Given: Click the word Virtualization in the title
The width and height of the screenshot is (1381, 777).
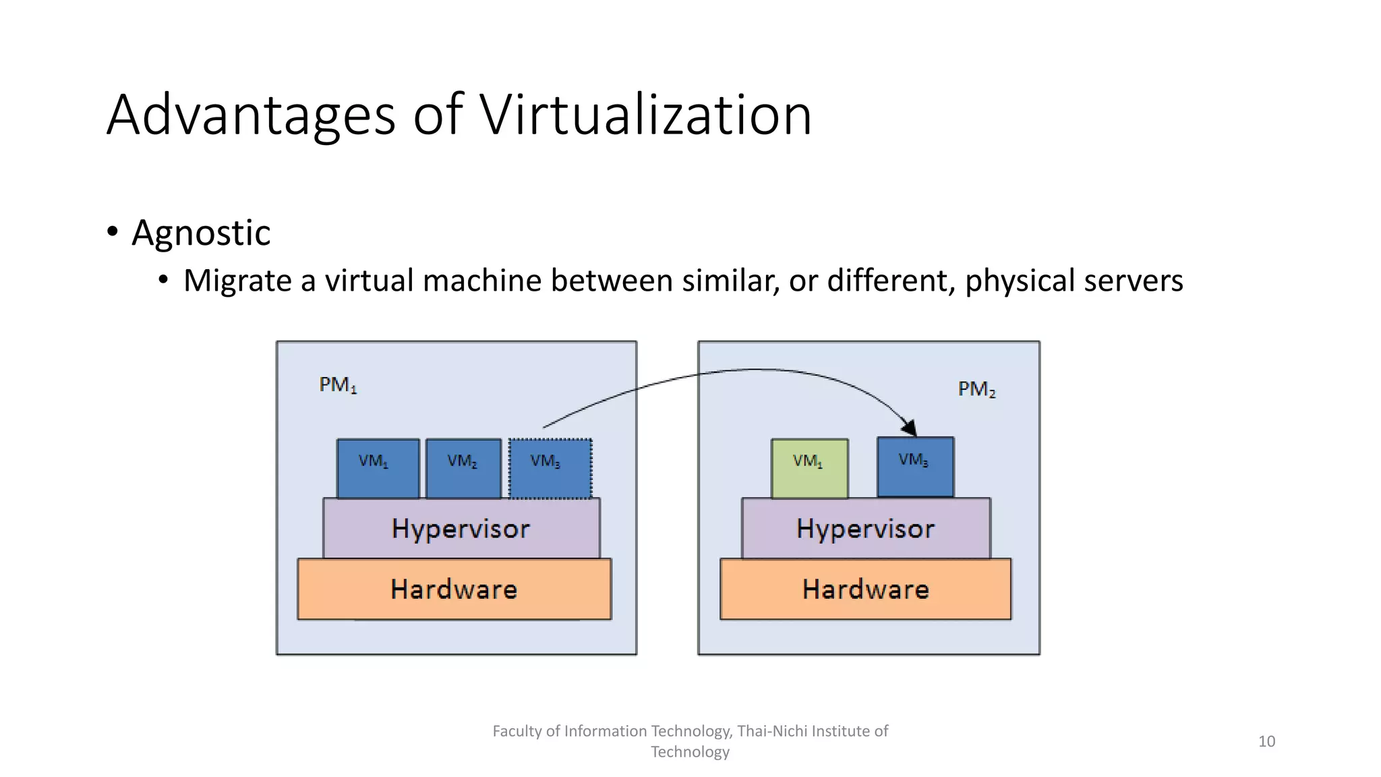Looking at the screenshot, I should [x=645, y=115].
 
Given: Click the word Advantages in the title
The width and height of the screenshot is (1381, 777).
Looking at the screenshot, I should [x=251, y=116].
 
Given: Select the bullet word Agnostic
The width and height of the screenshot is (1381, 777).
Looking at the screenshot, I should [x=201, y=233].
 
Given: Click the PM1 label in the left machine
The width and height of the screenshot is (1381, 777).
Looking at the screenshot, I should [x=338, y=385].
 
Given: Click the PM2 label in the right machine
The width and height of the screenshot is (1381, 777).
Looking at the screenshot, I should [x=976, y=389].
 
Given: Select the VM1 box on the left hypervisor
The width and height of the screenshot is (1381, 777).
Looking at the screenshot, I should [x=378, y=468].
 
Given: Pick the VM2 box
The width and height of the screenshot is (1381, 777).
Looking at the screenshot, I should [x=464, y=468].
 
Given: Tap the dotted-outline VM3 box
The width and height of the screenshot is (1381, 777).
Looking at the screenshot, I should [x=550, y=468].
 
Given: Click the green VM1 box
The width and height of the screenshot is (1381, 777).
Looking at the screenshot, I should [x=809, y=468].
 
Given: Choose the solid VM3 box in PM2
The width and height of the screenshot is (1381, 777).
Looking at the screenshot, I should [x=915, y=467].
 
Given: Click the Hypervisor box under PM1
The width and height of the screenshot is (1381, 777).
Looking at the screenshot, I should [x=461, y=529].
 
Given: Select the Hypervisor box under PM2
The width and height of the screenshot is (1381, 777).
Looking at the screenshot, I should [x=866, y=529].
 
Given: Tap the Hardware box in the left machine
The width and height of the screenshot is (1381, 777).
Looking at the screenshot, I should [x=454, y=589].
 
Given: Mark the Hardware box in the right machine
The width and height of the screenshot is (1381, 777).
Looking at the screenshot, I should [x=866, y=589].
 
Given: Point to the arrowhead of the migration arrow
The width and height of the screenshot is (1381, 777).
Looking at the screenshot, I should [x=910, y=428].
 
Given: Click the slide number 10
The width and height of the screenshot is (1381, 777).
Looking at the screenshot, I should [x=1266, y=741].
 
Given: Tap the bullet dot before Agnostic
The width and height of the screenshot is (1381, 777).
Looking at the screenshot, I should [x=113, y=232].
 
